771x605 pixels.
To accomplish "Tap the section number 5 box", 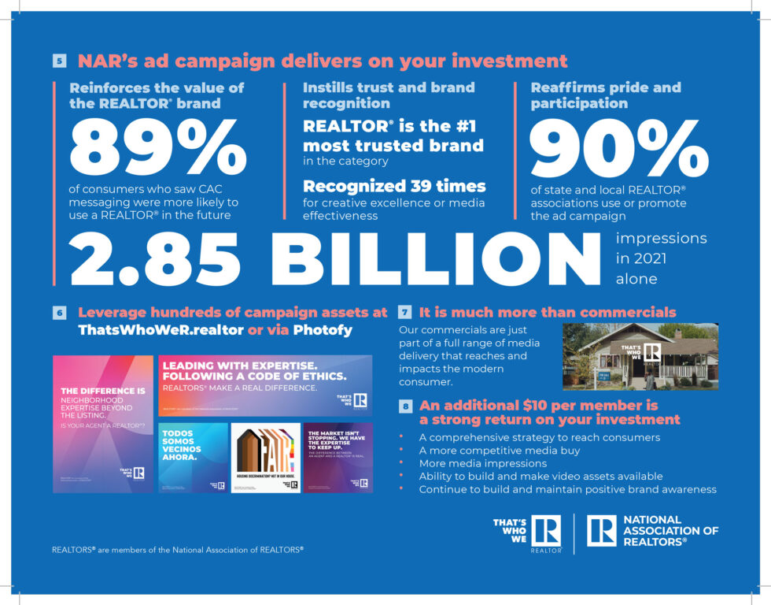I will [x=60, y=61].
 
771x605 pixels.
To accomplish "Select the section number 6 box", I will [x=60, y=313].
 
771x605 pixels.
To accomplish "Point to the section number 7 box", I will [x=404, y=312].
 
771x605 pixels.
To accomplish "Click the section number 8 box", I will [x=404, y=406].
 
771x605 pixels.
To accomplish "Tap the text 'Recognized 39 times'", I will [x=394, y=187].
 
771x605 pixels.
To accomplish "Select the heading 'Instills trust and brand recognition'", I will [x=389, y=95].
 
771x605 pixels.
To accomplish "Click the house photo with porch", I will [x=640, y=356].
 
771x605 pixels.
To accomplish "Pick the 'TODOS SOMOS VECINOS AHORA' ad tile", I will [x=193, y=458].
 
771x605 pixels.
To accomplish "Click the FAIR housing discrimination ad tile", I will [x=265, y=458].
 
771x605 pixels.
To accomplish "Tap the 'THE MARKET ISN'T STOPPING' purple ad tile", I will [x=338, y=458].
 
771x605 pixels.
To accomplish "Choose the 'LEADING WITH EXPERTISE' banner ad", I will [x=265, y=385].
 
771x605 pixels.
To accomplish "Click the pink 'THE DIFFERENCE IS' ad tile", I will [x=103, y=423].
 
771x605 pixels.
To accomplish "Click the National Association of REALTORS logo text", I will [x=670, y=530].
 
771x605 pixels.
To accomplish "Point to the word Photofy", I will [x=322, y=330].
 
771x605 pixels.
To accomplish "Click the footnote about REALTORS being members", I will [x=177, y=550].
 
